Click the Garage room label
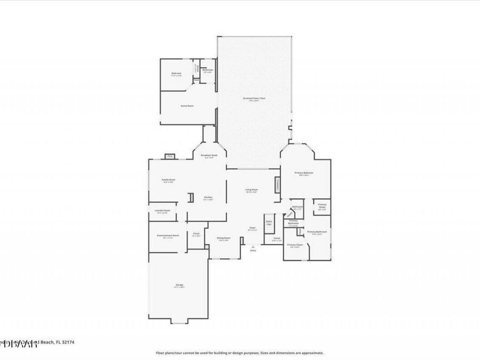pyautogui.click(x=179, y=285)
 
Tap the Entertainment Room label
pyautogui.click(x=167, y=235)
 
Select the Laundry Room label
pyautogui.click(x=162, y=211)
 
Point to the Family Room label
pyautogui.click(x=169, y=180)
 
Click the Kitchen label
pyautogui.click(x=208, y=197)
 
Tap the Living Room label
pyautogui.click(x=252, y=190)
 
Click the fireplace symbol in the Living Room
pyautogui.click(x=277, y=185)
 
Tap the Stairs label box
pyautogui.click(x=269, y=223)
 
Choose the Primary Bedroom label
pyautogui.click(x=304, y=173)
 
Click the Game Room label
pyautogui.click(x=187, y=106)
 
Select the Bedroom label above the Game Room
pyautogui.click(x=176, y=73)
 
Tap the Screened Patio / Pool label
pyautogui.click(x=254, y=99)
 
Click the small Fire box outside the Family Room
pyautogui.click(x=170, y=156)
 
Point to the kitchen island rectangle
pyautogui.click(x=189, y=198)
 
